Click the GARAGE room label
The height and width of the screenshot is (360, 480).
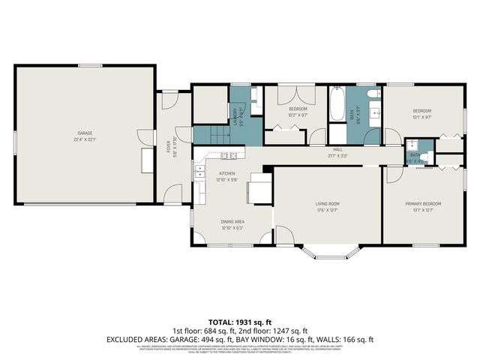click(x=82, y=133)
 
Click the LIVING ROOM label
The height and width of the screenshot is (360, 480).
click(x=327, y=203)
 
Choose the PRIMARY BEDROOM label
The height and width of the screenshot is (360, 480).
click(x=423, y=203)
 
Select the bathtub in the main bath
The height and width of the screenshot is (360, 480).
click(x=337, y=104)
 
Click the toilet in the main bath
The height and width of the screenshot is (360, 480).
click(x=373, y=95)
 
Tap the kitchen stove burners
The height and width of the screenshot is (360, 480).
click(x=229, y=155)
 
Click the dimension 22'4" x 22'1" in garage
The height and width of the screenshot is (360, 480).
click(x=82, y=139)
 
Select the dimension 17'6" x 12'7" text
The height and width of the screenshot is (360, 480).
click(x=327, y=210)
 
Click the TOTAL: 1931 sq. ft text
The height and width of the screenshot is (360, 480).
click(x=240, y=321)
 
